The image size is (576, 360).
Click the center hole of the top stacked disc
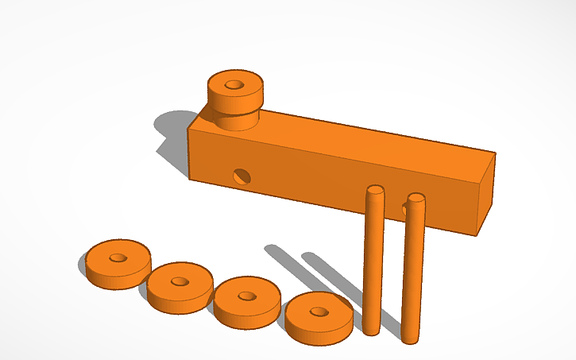point(234,83)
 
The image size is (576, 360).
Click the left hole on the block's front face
point(241,175)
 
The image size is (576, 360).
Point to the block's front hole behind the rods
point(407,209)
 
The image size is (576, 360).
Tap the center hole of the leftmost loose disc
point(118,257)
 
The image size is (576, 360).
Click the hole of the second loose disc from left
point(180,281)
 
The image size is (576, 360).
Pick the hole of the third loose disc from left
point(247,296)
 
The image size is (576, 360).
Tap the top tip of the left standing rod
point(374,190)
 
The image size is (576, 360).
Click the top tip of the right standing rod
point(416,196)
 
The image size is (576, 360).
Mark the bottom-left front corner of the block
point(189,178)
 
